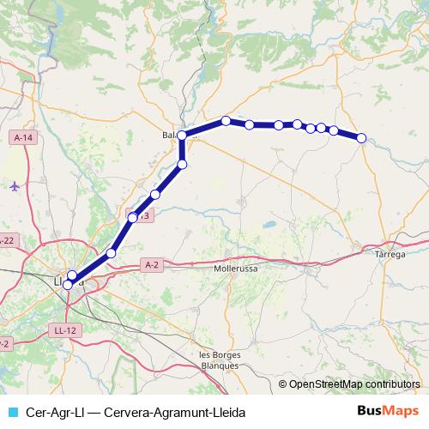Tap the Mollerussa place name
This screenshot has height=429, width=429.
234,268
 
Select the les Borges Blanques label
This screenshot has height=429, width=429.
218,360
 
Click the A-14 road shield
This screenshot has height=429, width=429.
22,137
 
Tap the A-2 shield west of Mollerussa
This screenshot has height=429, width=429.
153,264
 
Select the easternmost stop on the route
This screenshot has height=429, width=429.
361,138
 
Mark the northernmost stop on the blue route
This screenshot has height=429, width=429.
226,121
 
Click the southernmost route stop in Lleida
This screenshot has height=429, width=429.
68,284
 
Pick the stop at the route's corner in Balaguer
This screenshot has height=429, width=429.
182,136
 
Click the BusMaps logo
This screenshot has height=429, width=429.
385,409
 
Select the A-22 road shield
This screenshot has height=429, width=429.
7,240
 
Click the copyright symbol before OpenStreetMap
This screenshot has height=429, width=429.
283,384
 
